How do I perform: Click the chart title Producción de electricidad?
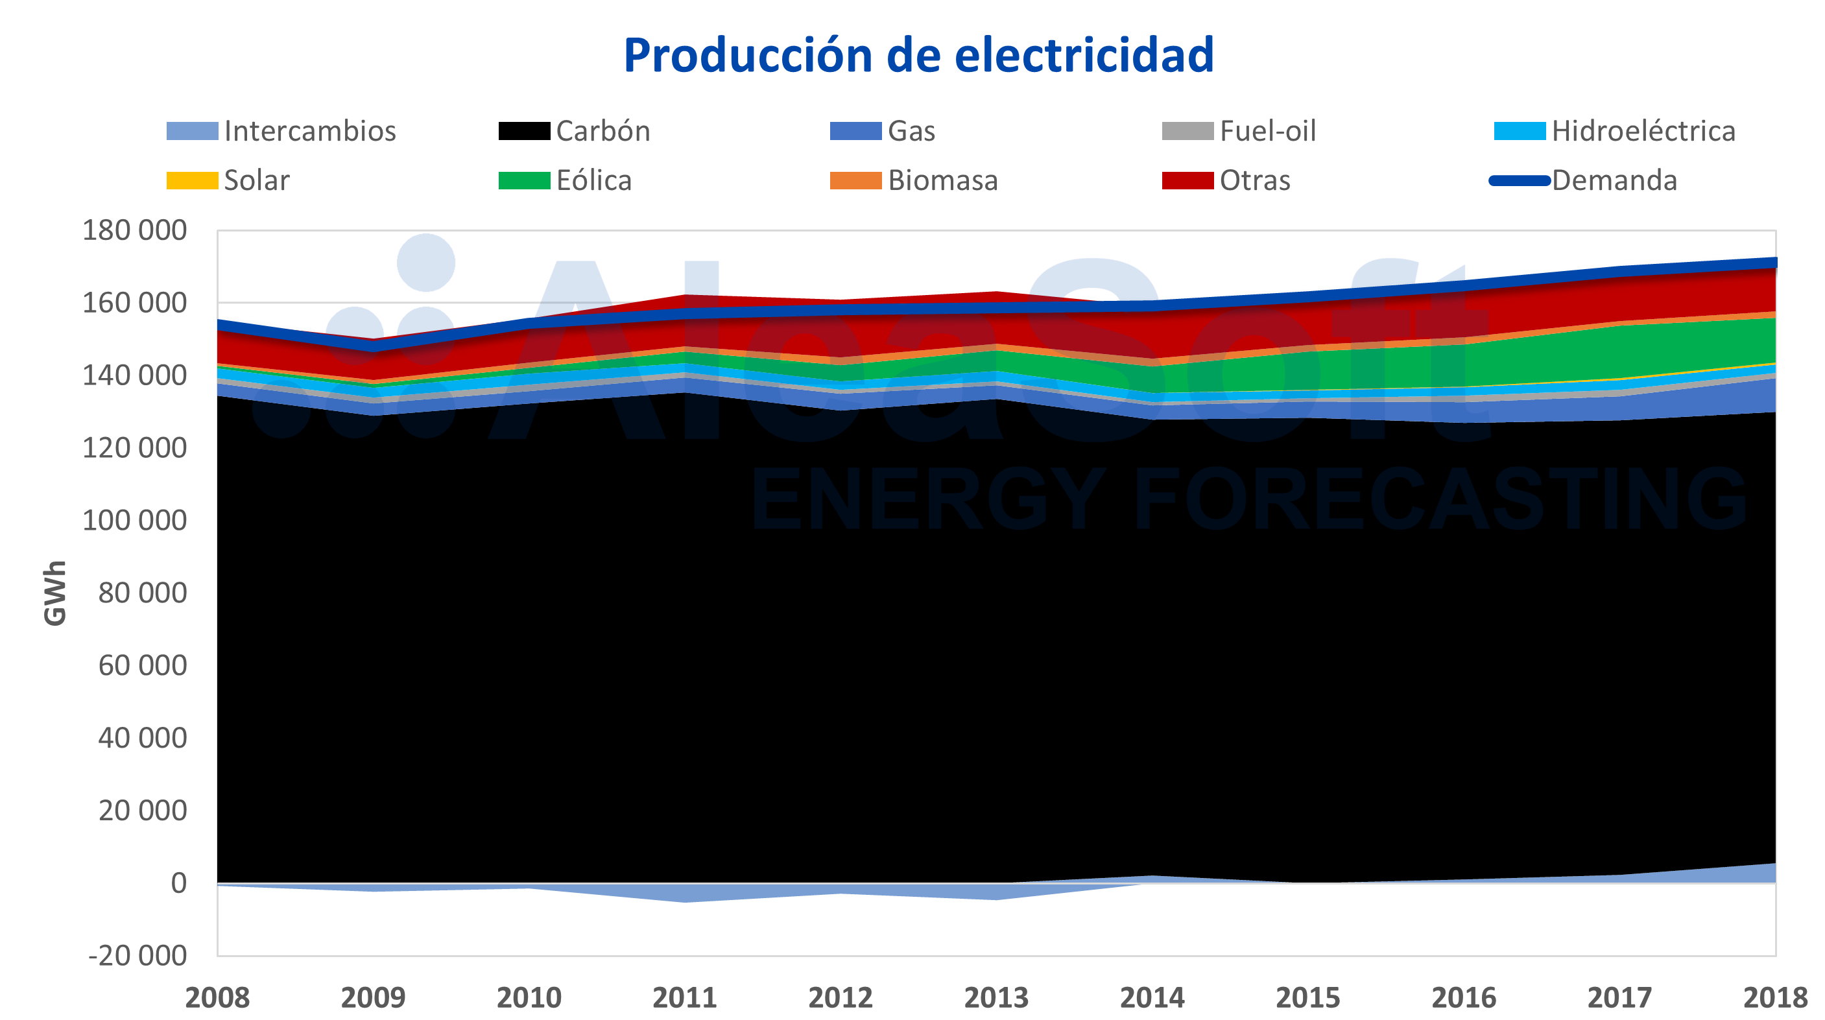pos(918,55)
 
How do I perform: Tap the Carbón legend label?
pos(603,131)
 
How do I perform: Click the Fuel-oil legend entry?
pos(1267,131)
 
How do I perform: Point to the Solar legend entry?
pos(256,181)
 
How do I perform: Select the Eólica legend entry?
pos(593,181)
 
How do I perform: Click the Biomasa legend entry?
pos(942,181)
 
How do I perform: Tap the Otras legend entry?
pos(1254,181)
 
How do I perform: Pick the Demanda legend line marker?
pos(1519,181)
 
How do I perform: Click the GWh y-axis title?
pos(55,593)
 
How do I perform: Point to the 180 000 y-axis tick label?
pos(135,230)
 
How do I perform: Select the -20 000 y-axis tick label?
pos(137,956)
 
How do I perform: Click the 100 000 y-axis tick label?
pos(135,521)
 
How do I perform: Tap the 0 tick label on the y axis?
pos(178,883)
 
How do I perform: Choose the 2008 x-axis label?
pos(217,997)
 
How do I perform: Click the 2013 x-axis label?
pos(996,997)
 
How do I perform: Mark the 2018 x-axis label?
pos(1774,997)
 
